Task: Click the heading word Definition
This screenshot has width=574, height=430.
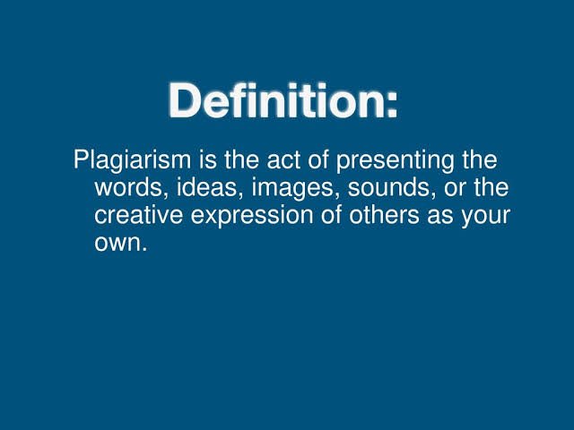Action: click(x=276, y=99)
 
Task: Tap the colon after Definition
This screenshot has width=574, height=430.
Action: click(x=392, y=106)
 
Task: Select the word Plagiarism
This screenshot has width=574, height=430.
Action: click(x=132, y=161)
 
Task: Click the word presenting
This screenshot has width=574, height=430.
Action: click(x=395, y=161)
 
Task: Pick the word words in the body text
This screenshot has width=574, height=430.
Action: click(x=131, y=187)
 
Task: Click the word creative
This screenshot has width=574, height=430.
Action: click(x=138, y=215)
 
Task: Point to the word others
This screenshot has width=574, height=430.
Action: click(x=384, y=214)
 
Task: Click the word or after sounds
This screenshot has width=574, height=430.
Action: click(x=455, y=189)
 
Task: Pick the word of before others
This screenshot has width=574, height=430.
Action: click(x=331, y=214)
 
